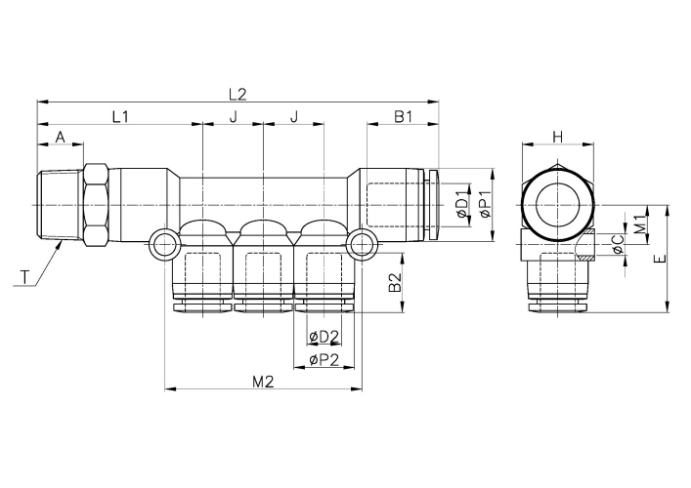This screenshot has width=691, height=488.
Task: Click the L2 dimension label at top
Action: point(238,95)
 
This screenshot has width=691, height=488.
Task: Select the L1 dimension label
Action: point(120,117)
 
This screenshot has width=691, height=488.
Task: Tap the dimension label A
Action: point(61,138)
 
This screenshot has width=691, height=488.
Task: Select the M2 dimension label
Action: point(261,382)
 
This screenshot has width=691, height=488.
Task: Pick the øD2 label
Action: point(324,338)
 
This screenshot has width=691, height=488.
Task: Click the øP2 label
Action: point(324,360)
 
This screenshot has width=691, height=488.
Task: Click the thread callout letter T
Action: point(22,279)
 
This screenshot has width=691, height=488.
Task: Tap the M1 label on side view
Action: point(638,224)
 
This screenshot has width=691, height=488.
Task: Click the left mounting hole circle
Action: point(163,244)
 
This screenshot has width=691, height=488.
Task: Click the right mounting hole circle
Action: point(363,244)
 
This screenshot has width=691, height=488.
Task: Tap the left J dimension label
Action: point(233,117)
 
